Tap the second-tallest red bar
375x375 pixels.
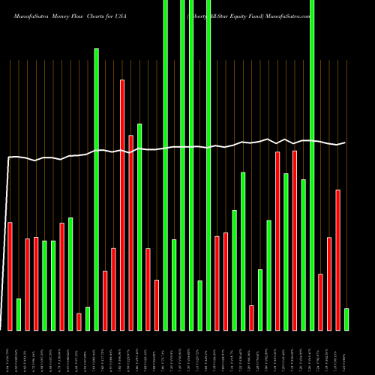pos(131,232)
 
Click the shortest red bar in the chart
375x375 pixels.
pos(79,322)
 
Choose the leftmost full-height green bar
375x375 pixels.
pos(166,165)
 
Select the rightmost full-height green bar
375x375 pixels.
pos(312,165)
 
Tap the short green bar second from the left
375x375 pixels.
pos(19,314)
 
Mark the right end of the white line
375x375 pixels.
pos(345,142)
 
